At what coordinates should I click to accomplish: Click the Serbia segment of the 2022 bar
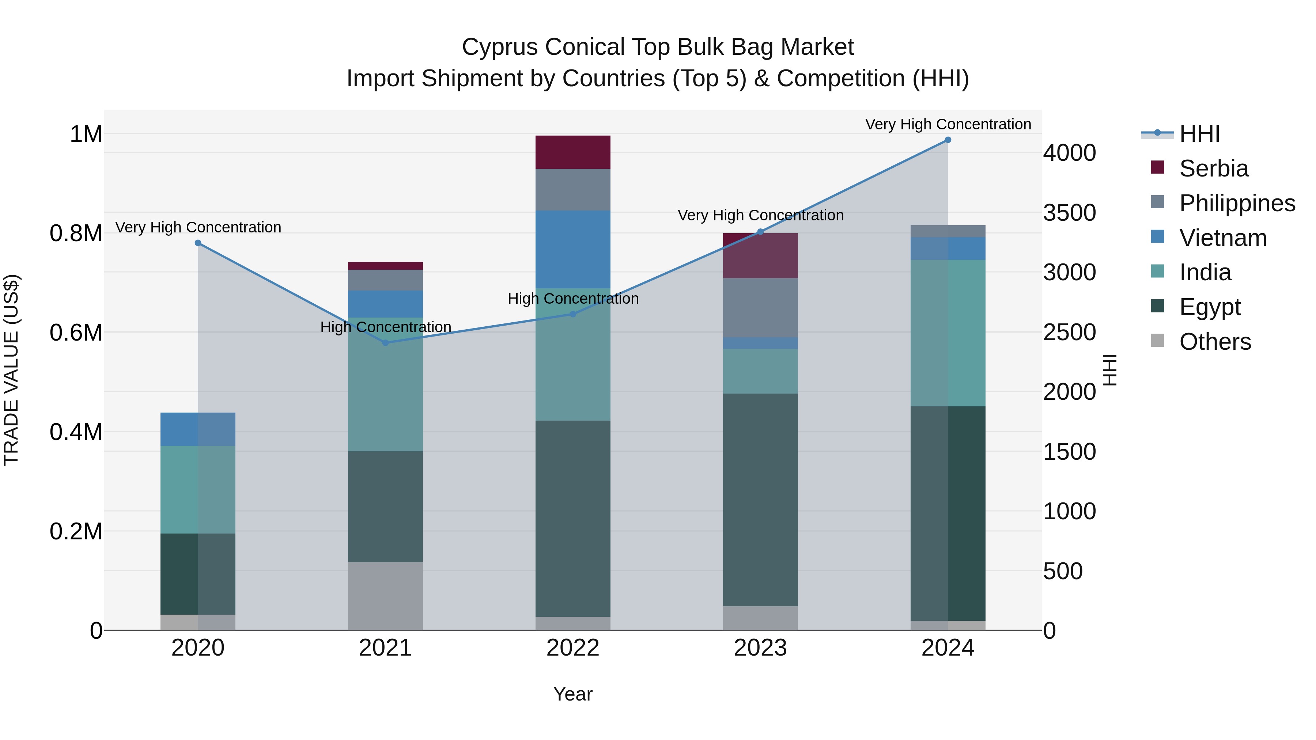coord(573,152)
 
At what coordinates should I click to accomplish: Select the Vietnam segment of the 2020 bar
coord(198,429)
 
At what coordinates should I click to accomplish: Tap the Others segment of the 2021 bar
coord(385,596)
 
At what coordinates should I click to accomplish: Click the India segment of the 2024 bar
coord(948,333)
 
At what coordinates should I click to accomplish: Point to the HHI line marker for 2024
coord(948,140)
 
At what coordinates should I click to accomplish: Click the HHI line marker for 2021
coord(385,343)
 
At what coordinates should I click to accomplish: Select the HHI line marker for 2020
coord(198,243)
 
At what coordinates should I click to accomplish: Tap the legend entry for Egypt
coord(1209,307)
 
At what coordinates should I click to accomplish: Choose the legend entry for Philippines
coord(1237,203)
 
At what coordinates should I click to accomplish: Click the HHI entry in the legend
coord(1199,134)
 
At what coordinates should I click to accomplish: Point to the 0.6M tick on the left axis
coord(76,333)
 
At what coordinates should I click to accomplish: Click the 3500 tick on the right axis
coord(1069,213)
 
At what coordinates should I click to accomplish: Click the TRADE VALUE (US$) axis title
coord(12,370)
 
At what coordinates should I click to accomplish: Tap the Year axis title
coord(573,694)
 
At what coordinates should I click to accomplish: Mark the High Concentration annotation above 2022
coord(573,299)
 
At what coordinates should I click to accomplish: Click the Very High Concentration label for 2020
coord(198,227)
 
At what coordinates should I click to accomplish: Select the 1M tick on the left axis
coord(86,135)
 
